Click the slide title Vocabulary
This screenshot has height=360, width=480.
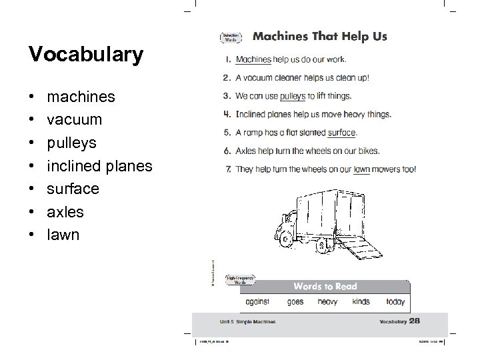pos(85,55)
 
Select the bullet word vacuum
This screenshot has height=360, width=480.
pos(75,120)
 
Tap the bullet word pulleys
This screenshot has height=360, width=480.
pos(72,143)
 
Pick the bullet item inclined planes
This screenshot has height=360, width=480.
pos(100,166)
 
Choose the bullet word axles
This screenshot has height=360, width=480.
pos(65,212)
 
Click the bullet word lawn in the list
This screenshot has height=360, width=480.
pos(63,235)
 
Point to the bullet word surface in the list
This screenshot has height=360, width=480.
pos(73,189)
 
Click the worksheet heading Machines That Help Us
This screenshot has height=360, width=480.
pos(320,36)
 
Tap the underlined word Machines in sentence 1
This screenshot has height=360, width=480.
pos(254,59)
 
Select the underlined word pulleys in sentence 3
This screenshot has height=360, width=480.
pos(292,96)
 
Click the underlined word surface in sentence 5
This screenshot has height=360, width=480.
pos(341,133)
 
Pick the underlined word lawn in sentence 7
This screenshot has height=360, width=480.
pos(361,169)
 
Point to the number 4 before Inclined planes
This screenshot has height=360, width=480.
pos(228,114)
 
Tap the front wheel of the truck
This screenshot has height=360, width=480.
pos(286,241)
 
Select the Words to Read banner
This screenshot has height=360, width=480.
pos(326,286)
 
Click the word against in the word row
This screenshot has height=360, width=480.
pos(257,301)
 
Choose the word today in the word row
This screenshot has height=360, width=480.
pos(395,301)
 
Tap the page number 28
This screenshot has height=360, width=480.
pos(415,321)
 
